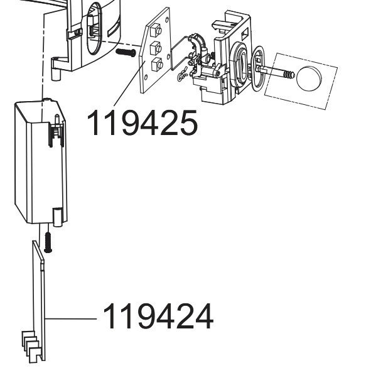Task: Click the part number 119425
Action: tap(142, 122)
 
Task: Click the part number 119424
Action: tap(158, 316)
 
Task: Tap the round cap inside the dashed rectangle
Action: tap(309, 78)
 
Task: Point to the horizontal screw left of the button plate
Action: tap(126, 52)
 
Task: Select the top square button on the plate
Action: tap(156, 30)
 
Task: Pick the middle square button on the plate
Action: tap(156, 48)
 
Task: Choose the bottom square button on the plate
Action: tap(157, 64)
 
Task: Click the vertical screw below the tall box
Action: tap(48, 242)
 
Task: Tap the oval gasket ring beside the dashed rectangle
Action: tap(257, 68)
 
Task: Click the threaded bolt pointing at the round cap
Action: tap(276, 72)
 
